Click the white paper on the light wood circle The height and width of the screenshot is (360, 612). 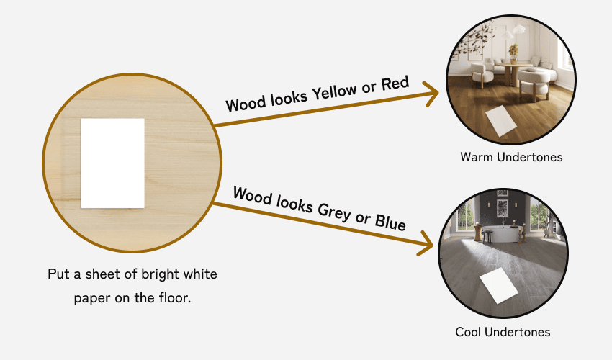point(112,163)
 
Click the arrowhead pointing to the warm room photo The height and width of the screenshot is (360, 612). point(430,94)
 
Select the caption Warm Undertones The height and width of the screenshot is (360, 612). point(511,156)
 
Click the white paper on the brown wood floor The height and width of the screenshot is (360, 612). point(501,120)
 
